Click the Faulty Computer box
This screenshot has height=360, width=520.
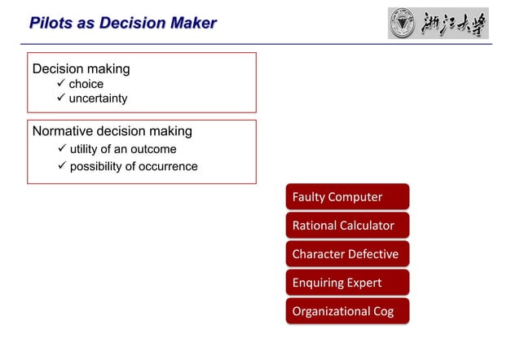pyautogui.click(x=347, y=196)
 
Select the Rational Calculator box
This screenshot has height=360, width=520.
pyautogui.click(x=347, y=225)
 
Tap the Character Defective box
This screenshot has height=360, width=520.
pyautogui.click(x=347, y=253)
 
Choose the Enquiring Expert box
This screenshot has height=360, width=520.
pyautogui.click(x=347, y=282)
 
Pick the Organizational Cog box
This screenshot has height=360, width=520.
pyautogui.click(x=347, y=310)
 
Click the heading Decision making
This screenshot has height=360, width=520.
pyautogui.click(x=81, y=69)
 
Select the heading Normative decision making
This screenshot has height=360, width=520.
pyautogui.click(x=112, y=131)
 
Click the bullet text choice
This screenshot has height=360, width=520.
pyautogui.click(x=86, y=84)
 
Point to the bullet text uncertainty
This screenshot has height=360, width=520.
pyautogui.click(x=98, y=99)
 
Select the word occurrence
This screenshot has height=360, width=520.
pyautogui.click(x=168, y=166)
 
